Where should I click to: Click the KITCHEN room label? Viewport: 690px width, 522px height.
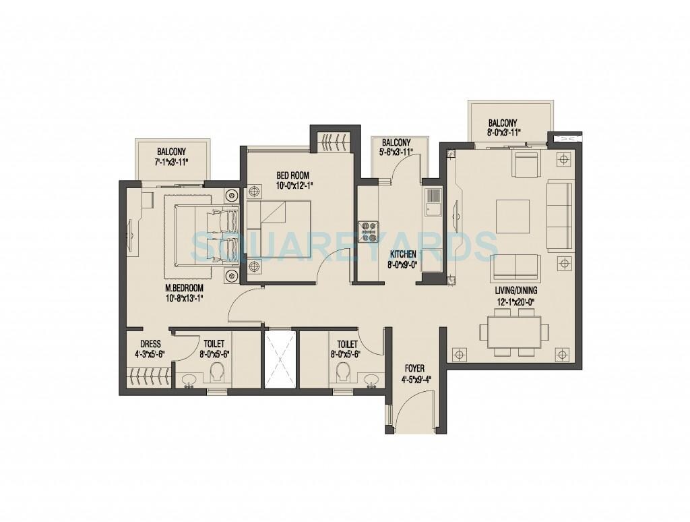403,254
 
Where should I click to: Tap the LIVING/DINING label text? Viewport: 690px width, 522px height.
517,290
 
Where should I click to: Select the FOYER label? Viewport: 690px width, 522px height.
414,369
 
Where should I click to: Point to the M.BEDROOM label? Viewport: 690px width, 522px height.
184,287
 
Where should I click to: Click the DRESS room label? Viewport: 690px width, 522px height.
150,343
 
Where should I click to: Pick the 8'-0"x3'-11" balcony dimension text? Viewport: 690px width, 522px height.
503,134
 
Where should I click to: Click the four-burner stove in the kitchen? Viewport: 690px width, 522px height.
368,231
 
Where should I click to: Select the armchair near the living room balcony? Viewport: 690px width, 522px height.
526,163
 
